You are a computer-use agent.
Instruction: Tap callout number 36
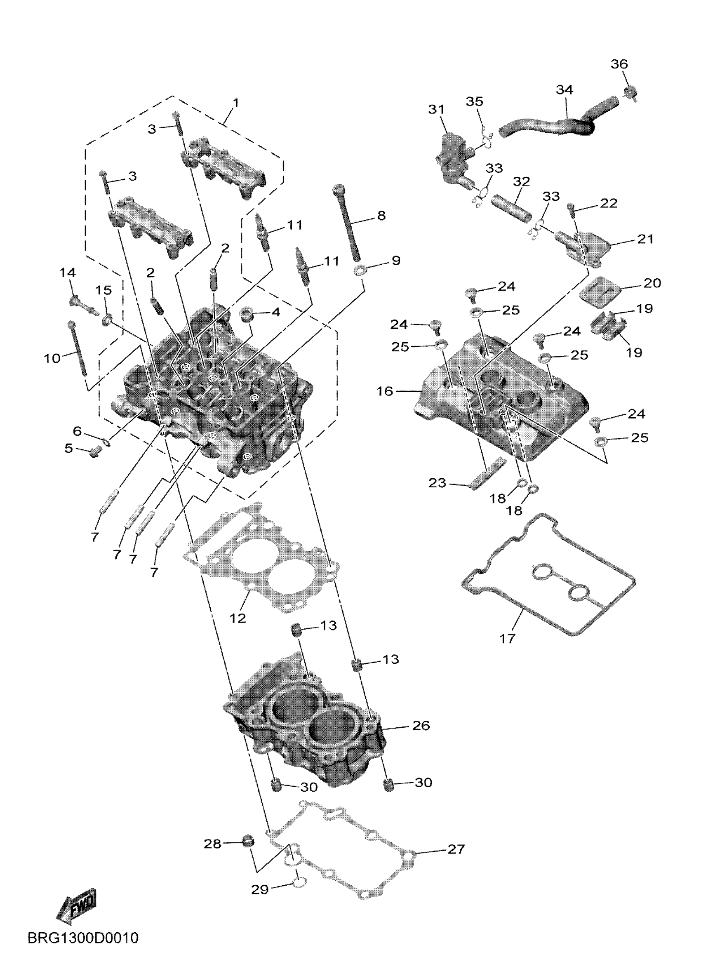tap(619, 64)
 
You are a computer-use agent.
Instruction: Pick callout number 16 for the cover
tap(385, 391)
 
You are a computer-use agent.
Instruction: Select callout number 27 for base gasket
tap(455, 849)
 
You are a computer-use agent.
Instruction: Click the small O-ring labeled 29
tap(299, 882)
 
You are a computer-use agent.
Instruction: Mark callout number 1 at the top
tap(235, 103)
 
